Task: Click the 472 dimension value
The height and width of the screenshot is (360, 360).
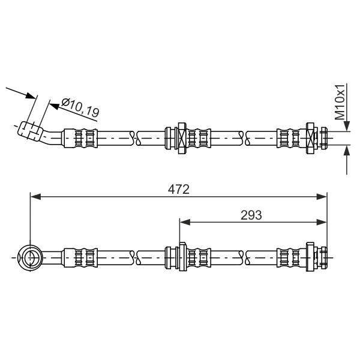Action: pos(179,190)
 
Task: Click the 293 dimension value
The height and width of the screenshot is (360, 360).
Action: pos(251,215)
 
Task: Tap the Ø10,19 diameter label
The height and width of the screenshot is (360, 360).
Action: pos(80,107)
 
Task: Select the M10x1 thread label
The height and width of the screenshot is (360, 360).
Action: pos(340,102)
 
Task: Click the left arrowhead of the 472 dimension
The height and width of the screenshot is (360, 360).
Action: pos(36,197)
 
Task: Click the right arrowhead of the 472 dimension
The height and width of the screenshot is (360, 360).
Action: pos(321,197)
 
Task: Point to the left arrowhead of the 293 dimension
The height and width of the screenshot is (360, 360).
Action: pos(185,222)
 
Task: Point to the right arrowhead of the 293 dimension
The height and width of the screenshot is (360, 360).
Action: pos(321,222)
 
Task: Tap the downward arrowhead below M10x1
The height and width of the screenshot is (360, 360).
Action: pos(347,126)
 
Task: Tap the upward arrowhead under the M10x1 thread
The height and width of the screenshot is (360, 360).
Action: pos(347,151)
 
